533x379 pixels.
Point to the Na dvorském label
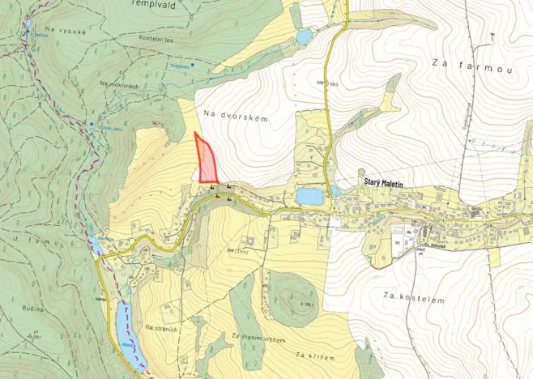coord(236,117)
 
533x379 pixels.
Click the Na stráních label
coord(160,327)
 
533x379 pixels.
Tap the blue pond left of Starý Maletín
coord(309,196)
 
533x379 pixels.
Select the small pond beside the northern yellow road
coord(304,37)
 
